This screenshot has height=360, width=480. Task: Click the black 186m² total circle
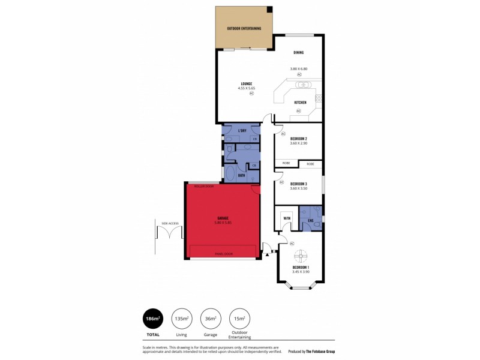(x=152, y=318)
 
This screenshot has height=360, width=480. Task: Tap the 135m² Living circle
(x=182, y=318)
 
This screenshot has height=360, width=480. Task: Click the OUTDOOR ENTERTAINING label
(x=243, y=29)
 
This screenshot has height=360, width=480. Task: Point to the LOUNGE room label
(x=246, y=83)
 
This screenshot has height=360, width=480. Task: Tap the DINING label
(x=298, y=52)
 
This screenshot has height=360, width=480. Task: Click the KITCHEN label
(x=300, y=103)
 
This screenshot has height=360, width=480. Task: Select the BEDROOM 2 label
(x=298, y=139)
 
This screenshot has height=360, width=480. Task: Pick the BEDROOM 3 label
(x=298, y=184)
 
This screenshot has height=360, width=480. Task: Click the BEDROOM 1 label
(x=300, y=267)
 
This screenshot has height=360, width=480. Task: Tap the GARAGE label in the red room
(x=223, y=218)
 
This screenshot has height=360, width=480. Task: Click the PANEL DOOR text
(x=224, y=254)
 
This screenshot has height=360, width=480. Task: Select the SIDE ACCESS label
(x=170, y=223)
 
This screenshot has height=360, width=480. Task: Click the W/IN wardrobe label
(x=287, y=218)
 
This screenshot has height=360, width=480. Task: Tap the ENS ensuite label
(x=310, y=221)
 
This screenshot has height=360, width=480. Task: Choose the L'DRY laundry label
(x=242, y=130)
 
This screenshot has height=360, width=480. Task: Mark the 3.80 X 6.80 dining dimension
(x=298, y=68)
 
